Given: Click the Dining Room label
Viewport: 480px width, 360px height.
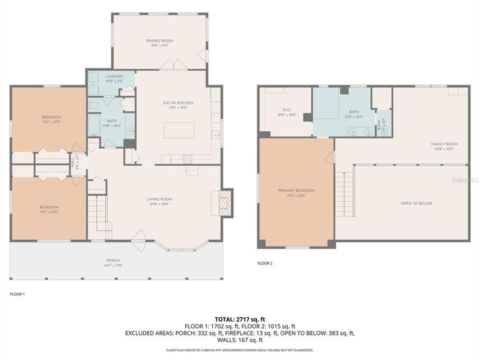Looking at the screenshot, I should point(159,41).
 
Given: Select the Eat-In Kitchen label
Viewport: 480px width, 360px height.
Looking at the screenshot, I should point(178,103).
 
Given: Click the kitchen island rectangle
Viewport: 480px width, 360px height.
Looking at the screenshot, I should point(179,130).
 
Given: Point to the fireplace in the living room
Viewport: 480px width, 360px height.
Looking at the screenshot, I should point(226,203).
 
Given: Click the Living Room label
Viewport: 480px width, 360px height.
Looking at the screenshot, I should point(159,199).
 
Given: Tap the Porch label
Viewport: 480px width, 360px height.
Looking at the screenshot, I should point(112,260).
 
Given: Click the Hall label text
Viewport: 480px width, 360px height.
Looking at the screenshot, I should point(72,162).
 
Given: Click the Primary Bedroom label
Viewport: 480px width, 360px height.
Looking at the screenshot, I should point(296,190).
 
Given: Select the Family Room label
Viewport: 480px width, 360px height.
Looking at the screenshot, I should point(444,144).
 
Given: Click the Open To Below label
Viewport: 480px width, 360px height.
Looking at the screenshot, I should point(416,203).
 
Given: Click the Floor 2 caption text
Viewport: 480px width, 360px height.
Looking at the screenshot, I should point(265,263).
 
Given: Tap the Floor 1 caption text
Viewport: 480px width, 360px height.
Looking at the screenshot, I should point(17,294).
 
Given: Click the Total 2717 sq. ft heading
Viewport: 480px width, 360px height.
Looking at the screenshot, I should point(240,318).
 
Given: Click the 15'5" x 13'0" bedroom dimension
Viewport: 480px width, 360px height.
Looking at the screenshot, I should point(49,211).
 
